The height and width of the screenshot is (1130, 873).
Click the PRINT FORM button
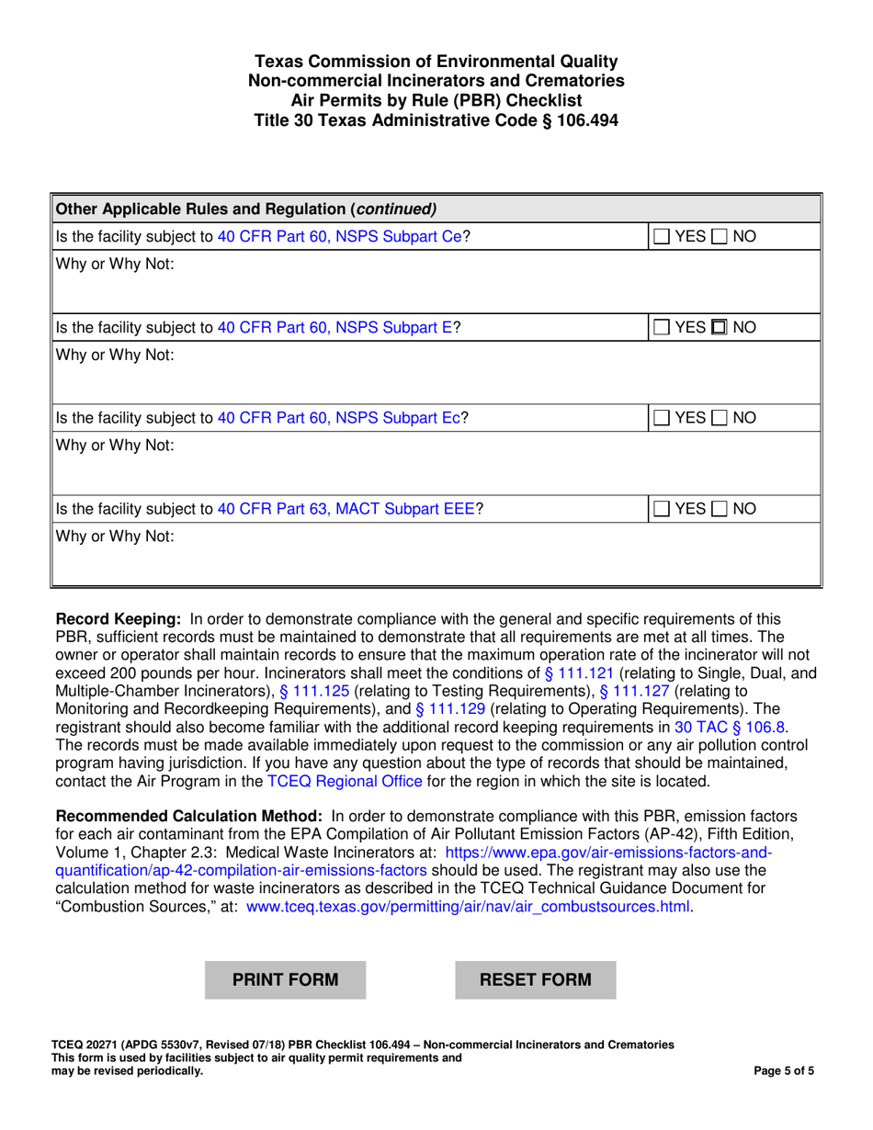coord(285,979)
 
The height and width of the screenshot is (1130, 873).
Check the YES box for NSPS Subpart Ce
coord(663,237)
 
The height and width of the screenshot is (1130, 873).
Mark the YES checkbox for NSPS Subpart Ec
coord(663,418)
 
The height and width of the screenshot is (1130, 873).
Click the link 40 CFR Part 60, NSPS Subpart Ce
coord(339,237)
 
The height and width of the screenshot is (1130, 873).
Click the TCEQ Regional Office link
coord(345,782)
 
